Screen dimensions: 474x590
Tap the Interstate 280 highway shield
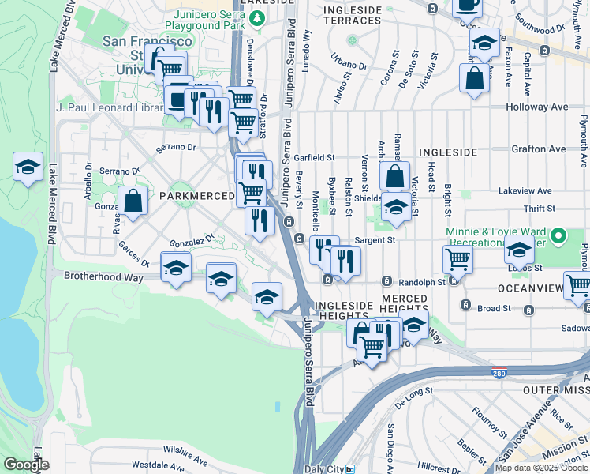click(500, 373)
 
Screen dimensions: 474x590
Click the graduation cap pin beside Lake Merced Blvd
click(28, 167)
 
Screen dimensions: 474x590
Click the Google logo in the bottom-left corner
click(26, 465)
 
